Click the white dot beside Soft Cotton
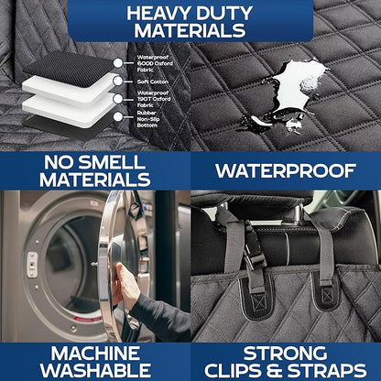point(117,79)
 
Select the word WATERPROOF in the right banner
point(285,169)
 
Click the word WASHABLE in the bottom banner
point(95,369)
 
